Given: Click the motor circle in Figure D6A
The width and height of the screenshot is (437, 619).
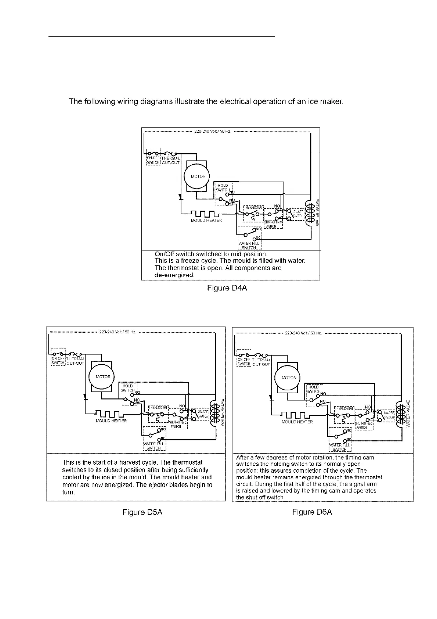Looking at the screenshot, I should pos(289,378).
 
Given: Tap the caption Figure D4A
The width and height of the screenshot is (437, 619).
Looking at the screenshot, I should pos(227,288).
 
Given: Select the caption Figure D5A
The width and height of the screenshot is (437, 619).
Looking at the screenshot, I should pos(142,512).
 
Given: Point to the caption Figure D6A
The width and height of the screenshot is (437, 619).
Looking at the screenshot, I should pos(312,512).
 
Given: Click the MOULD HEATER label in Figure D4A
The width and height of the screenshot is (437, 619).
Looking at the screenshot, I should pos(206,220).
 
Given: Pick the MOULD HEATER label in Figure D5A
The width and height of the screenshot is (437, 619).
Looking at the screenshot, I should pos(111,421).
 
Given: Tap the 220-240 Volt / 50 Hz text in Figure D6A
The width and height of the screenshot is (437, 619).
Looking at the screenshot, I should pos(303,333).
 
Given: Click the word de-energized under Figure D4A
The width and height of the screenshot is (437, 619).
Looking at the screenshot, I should pos(174,275).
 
